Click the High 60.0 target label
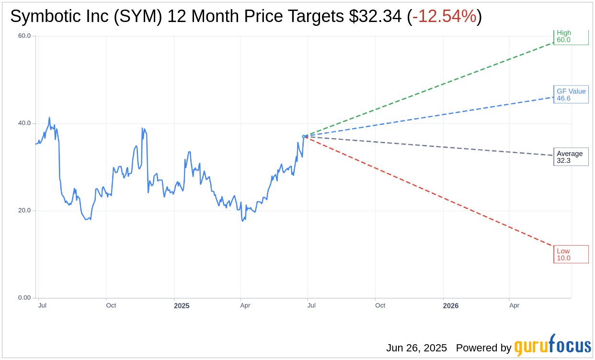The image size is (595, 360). coord(571,36)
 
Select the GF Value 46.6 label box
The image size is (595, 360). coord(571,94)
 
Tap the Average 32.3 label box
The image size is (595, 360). coord(571,157)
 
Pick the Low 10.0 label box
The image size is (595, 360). coord(571,254)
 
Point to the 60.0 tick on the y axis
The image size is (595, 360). coord(24,35)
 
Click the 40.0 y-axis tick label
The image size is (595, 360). coord(24,123)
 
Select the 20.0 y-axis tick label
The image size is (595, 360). coord(24,210)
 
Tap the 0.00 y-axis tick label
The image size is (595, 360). coord(24,297)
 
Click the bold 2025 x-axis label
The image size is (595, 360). coord(182,305)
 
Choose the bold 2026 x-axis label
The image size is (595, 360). coord(450,305)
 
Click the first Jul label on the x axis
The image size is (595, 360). coord(42,305)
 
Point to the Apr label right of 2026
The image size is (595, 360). coord(514,305)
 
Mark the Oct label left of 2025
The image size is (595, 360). coord(111,305)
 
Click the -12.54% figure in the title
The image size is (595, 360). coord(444,16)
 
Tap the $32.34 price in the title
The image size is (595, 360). coord(375,16)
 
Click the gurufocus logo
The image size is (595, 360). coord(552,346)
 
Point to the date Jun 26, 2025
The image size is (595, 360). coord(416,348)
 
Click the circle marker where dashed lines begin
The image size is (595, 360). coord(304,136)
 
